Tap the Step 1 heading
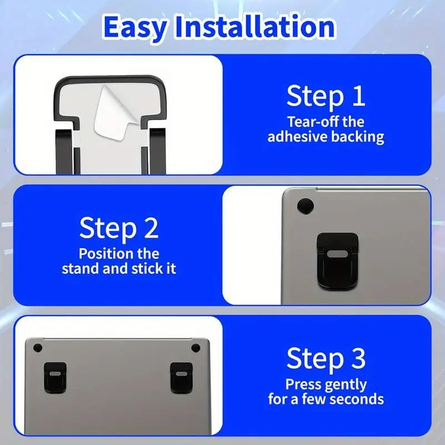click(325, 96)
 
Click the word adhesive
click(300, 137)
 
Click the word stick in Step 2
click(147, 269)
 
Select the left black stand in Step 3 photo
click(55, 377)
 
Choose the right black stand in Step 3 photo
click(181, 377)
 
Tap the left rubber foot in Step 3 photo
click(38, 348)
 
